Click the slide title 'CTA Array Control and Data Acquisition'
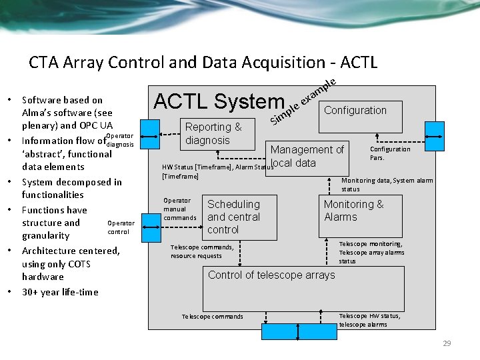tap(203, 63)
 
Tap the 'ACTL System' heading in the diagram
tap(219, 101)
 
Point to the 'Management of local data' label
tap(307, 156)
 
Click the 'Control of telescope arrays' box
tap(303, 287)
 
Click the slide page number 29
tap(447, 343)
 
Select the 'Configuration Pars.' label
tap(390, 153)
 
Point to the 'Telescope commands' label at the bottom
tap(213, 317)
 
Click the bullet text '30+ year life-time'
tap(60, 292)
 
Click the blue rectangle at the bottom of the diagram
tap(290, 331)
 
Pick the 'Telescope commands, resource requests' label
tap(202, 251)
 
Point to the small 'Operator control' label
tap(121, 227)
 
